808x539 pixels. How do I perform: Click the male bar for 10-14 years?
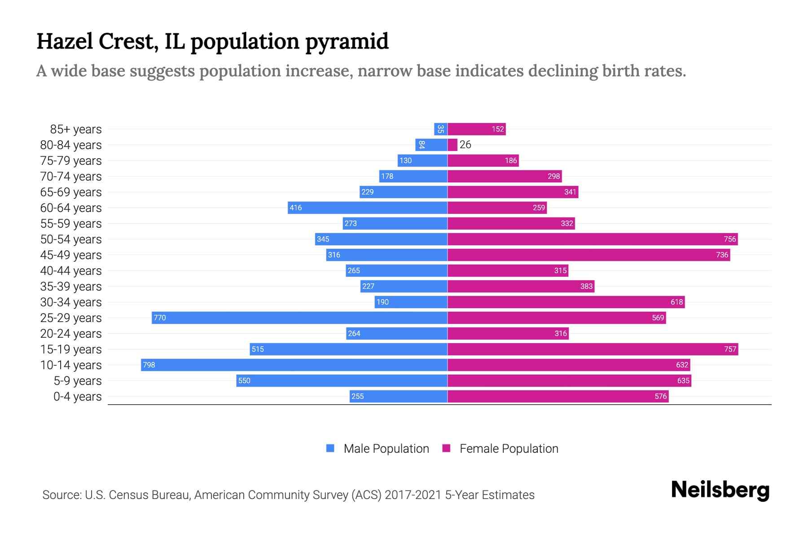click(x=294, y=365)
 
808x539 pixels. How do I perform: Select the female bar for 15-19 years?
click(x=593, y=349)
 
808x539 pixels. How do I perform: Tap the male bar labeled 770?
click(x=299, y=318)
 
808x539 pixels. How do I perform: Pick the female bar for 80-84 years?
click(x=452, y=145)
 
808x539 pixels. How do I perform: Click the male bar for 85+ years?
click(x=440, y=129)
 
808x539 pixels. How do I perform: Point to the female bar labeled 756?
click(x=593, y=239)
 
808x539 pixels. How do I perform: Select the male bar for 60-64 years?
click(x=367, y=208)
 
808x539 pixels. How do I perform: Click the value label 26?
click(x=465, y=145)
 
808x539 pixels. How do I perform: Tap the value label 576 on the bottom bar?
click(x=660, y=396)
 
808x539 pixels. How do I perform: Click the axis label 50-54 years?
click(x=71, y=239)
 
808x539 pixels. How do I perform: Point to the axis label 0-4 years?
click(x=77, y=396)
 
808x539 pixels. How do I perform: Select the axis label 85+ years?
click(x=75, y=129)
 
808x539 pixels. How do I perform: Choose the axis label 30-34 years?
click(x=71, y=302)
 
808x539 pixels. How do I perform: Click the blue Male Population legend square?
click(x=330, y=448)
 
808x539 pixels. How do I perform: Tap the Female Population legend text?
click(x=509, y=448)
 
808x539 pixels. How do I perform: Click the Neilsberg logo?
click(x=720, y=490)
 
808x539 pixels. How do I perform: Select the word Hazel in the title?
click(x=64, y=41)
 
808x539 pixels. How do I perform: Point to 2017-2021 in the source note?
click(x=413, y=495)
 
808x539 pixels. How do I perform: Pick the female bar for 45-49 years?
click(x=588, y=255)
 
